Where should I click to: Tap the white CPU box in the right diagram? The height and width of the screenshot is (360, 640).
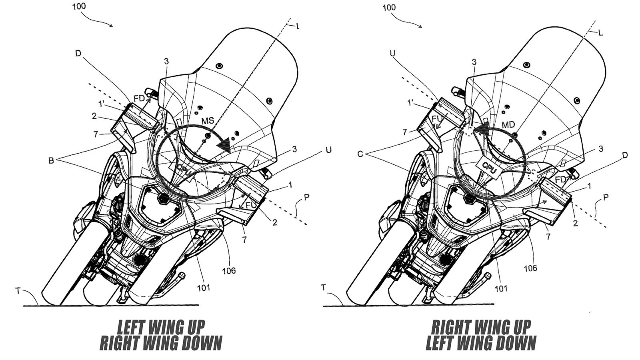[488, 166]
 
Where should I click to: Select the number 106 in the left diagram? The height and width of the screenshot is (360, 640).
[229, 271]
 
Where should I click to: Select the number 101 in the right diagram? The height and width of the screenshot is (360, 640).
[501, 288]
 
